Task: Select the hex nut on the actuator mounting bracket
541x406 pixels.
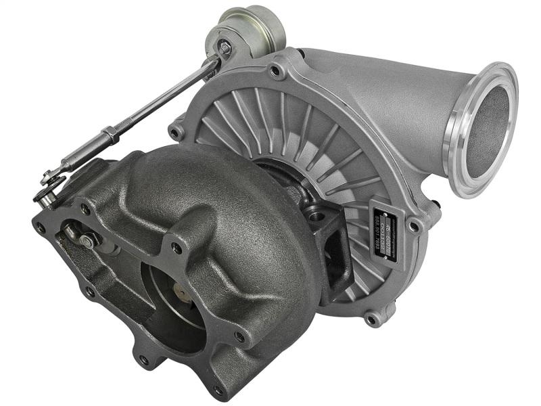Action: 224,49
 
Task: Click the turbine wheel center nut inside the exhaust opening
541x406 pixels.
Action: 179,292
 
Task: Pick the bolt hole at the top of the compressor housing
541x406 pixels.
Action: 276,69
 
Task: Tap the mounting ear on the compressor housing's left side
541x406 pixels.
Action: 178,129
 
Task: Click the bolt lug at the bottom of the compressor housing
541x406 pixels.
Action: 371,317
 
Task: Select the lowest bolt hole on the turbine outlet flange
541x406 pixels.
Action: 217,390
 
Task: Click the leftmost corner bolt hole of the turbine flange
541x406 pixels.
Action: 41,227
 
